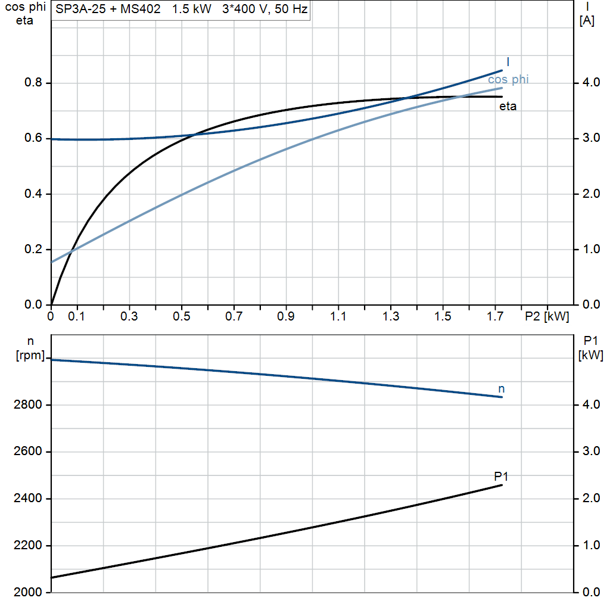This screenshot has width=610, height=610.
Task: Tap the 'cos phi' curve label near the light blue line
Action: pos(508,79)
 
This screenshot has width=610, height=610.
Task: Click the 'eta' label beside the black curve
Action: pos(508,107)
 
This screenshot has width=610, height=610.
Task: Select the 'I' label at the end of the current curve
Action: pos(508,61)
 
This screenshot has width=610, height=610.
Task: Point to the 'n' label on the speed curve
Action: pos(502,388)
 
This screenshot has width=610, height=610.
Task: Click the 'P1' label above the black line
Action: pos(501,476)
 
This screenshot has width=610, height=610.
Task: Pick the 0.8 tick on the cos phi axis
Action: pos(33,83)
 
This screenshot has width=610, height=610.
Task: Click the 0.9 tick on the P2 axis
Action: pos(286,316)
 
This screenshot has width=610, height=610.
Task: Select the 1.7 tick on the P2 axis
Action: pos(495,316)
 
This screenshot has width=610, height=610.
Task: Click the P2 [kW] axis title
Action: pos(546,316)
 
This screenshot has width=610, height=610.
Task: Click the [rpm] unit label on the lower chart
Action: pos(30,356)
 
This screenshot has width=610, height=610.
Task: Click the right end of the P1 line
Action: pos(502,485)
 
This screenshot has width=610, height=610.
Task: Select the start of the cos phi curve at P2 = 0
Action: pos(52,262)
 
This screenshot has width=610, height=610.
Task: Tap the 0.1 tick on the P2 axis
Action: pos(77,316)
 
